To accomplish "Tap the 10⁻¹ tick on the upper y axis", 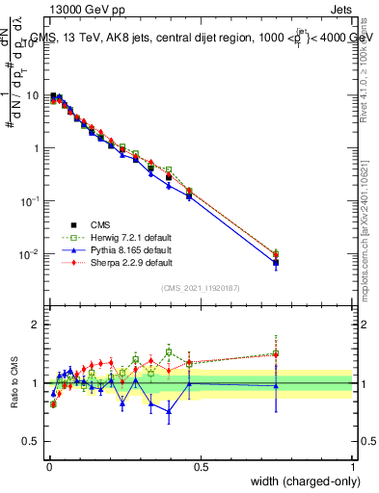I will pyautogui.click(x=32, y=201).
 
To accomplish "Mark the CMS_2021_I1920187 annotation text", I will pyautogui.click(x=201, y=288).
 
